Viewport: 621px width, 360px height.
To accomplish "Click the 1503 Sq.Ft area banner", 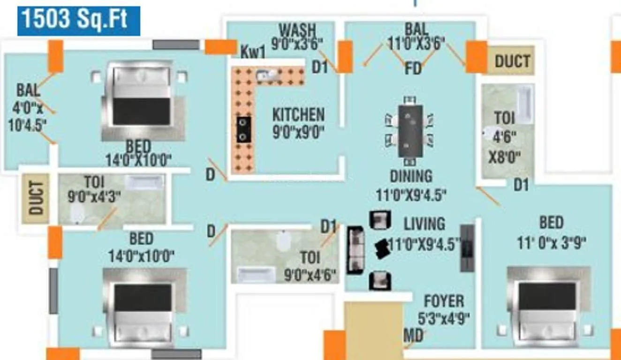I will click(x=79, y=21).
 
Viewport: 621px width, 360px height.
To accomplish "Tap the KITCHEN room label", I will click(x=298, y=114).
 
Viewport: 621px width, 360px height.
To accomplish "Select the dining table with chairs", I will click(x=410, y=131).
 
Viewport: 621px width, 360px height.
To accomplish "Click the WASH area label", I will click(x=297, y=30).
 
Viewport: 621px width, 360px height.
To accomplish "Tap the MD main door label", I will click(x=413, y=336).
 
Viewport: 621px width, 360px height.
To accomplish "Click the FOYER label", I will click(x=444, y=301).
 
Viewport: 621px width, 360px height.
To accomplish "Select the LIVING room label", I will click(x=424, y=224).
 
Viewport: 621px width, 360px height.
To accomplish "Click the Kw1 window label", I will click(x=253, y=52).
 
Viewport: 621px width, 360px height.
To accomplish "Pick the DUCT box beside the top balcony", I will click(x=512, y=61).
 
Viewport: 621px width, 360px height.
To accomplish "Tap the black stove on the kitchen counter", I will click(x=243, y=129).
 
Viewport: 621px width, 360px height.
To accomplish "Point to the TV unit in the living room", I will click(x=467, y=248).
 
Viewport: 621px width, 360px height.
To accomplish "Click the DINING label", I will click(x=411, y=176).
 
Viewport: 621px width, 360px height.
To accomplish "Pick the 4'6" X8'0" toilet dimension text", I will click(x=504, y=147).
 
